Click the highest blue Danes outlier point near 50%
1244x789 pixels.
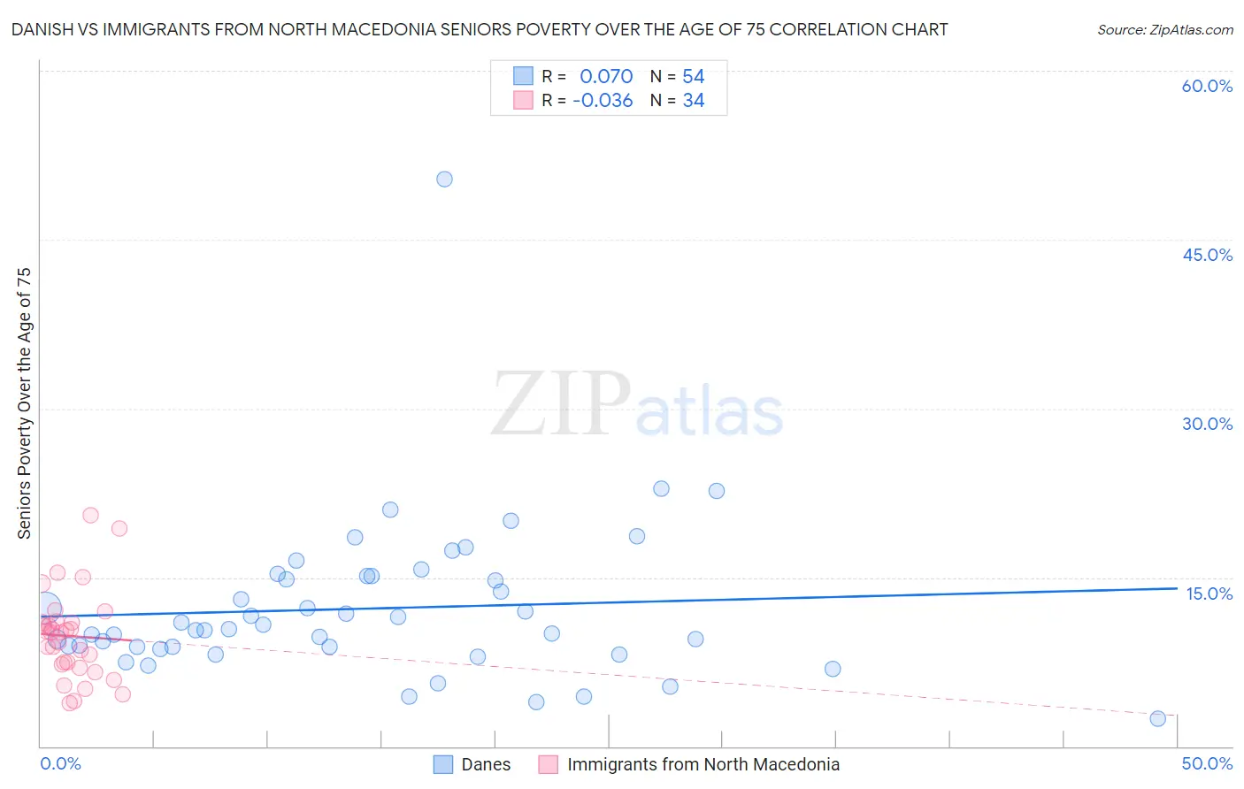click(444, 179)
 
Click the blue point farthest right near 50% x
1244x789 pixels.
click(1157, 718)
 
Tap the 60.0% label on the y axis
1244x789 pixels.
click(1207, 86)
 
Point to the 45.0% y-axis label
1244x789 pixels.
click(1207, 255)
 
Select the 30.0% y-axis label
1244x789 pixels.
click(1207, 424)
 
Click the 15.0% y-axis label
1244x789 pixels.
click(1209, 594)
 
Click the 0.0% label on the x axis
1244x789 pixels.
click(60, 763)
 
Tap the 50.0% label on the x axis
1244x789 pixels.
click(1207, 763)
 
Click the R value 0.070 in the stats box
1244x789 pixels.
click(606, 77)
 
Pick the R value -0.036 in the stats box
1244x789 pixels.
click(603, 101)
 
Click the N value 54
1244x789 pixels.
click(694, 77)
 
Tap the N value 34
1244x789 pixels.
click(694, 101)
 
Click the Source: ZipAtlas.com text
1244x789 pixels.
click(1164, 30)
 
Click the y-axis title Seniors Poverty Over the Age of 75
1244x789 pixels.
click(25, 403)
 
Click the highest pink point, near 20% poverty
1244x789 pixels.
click(90, 515)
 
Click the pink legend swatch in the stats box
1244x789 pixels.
click(523, 100)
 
